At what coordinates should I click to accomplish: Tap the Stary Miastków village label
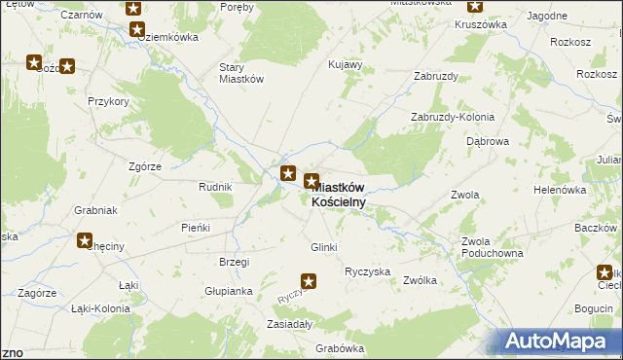tap(241, 74)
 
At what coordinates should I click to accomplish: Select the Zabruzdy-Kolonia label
tap(453, 117)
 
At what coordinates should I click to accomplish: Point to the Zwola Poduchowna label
tap(492, 247)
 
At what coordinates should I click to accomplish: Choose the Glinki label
tap(323, 247)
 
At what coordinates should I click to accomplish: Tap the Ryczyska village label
tap(368, 271)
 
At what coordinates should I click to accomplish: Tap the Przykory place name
tap(108, 101)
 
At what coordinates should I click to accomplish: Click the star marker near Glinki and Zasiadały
tap(309, 283)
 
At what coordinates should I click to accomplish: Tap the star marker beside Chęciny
tap(85, 240)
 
